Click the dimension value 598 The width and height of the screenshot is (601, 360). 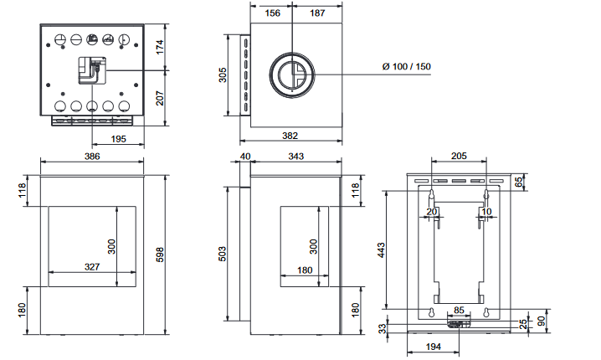coord(160,255)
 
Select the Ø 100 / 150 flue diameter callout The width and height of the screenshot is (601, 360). coord(407,66)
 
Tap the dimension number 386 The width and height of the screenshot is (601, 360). coord(92,157)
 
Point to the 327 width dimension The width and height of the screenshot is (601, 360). coord(92,267)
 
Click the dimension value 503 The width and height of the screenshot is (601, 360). coord(223,254)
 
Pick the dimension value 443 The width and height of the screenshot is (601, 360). coord(381,250)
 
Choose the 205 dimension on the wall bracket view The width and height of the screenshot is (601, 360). coord(459,156)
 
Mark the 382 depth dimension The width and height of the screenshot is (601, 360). coord(290,136)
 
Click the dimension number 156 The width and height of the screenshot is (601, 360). coord(273,13)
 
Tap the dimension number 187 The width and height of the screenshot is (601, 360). coord(317,13)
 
